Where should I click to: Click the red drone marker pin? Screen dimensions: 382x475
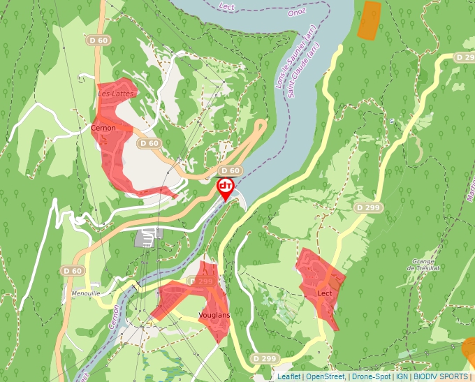(226, 187)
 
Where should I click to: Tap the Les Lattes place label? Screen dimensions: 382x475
(114, 93)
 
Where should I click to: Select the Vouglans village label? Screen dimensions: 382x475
(214, 315)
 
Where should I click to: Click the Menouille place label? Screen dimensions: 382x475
(86, 293)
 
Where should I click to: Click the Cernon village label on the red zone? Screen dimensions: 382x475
(103, 128)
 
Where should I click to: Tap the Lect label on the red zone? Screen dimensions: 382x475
(325, 293)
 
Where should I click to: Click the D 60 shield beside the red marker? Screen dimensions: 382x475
(231, 170)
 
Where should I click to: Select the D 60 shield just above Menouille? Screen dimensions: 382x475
(73, 270)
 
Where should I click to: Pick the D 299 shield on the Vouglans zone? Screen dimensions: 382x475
(202, 281)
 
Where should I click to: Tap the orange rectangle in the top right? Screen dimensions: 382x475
(369, 20)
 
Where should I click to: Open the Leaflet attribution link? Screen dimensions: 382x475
(288, 376)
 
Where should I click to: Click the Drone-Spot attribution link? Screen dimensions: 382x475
(371, 376)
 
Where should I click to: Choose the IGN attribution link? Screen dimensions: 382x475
(402, 376)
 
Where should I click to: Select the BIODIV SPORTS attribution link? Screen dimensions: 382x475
(441, 376)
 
